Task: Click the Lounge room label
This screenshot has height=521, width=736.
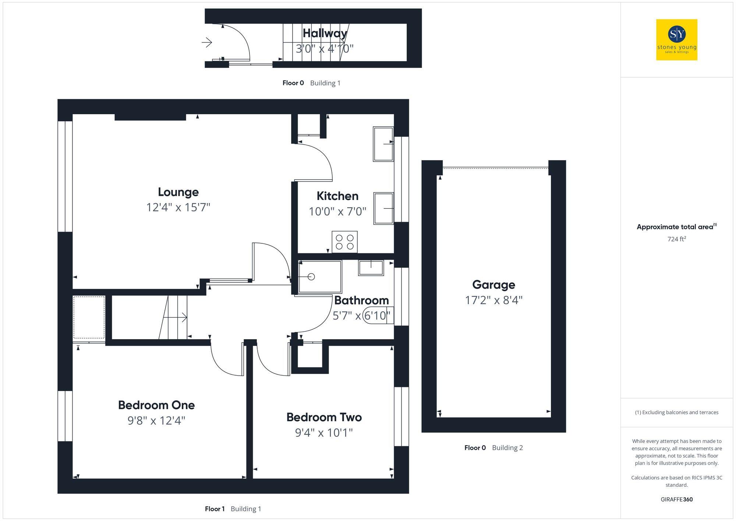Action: tap(178, 192)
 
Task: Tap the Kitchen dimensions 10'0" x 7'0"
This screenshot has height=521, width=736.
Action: tap(337, 211)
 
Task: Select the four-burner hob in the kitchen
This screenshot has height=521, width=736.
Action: tap(344, 242)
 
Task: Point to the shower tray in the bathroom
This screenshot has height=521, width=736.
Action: tap(319, 277)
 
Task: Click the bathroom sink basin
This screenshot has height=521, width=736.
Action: tap(371, 268)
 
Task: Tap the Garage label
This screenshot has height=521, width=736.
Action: tap(493, 285)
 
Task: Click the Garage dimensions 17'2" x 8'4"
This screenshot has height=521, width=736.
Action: tap(493, 300)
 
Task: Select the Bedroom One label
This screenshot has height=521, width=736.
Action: tap(156, 405)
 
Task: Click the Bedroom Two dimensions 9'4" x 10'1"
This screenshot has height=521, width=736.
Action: tap(324, 433)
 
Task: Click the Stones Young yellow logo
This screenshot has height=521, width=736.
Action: tap(676, 40)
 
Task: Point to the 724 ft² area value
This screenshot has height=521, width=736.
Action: tap(676, 239)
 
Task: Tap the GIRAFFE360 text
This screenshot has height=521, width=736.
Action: tap(676, 499)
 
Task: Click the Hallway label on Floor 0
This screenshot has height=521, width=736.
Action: tap(325, 33)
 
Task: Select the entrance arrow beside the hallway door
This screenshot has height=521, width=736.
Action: tap(207, 43)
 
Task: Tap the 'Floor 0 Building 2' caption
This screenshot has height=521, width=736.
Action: tap(493, 448)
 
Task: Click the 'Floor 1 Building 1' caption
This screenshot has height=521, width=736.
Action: tap(233, 509)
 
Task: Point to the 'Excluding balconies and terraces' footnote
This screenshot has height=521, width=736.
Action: tap(676, 412)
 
